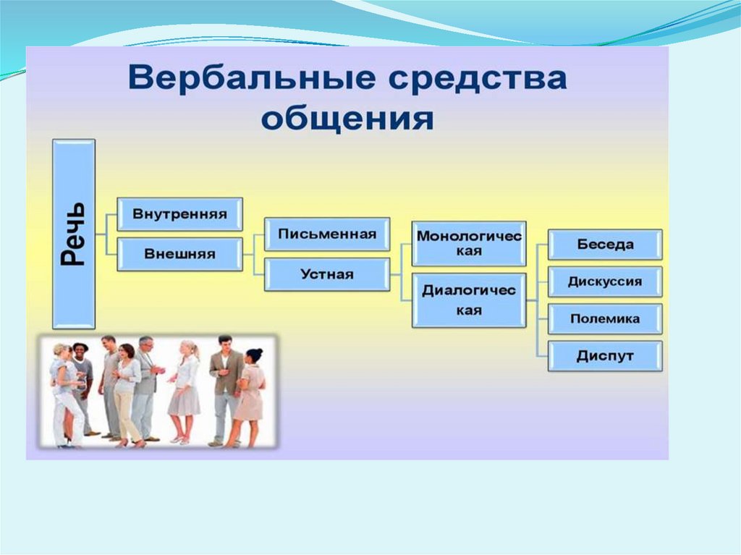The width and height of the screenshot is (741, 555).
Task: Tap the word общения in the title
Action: [x=347, y=118]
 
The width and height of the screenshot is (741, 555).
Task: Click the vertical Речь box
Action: [x=74, y=234]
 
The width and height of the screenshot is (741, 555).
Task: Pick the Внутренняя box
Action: [x=179, y=214]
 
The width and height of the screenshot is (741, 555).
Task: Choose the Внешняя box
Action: [x=179, y=254]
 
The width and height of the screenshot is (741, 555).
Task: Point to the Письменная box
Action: [x=327, y=234]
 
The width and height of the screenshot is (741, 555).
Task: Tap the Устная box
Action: [x=327, y=274]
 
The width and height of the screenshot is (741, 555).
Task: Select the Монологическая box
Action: [x=469, y=244]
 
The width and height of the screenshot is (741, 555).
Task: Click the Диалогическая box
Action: [x=469, y=300]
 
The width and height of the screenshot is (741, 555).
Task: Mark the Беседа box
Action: [x=605, y=244]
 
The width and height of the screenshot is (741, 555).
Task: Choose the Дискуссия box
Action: [x=605, y=281]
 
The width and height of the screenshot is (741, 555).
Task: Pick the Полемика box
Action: [x=605, y=319]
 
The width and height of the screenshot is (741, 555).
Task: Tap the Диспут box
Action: [x=605, y=356]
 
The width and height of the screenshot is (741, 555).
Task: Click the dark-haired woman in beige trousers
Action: [x=127, y=391]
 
